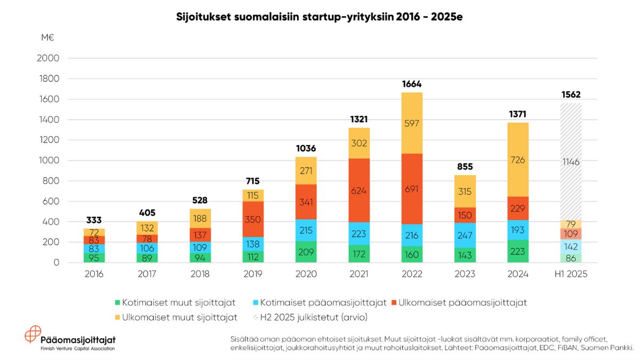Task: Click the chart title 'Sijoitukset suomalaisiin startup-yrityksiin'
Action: [x=319, y=17]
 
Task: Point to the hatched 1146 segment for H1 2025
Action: [x=571, y=162]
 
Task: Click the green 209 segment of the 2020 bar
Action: [x=306, y=252]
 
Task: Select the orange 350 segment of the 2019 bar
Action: [x=253, y=219]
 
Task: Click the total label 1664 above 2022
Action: [x=412, y=84]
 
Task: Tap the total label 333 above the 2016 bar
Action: [x=94, y=220]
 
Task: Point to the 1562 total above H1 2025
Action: [x=571, y=94]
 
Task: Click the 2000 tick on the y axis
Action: [x=48, y=58]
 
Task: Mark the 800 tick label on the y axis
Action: [x=51, y=181]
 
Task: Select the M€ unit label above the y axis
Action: [x=47, y=37]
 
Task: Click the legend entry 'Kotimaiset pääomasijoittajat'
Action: [x=320, y=303]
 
